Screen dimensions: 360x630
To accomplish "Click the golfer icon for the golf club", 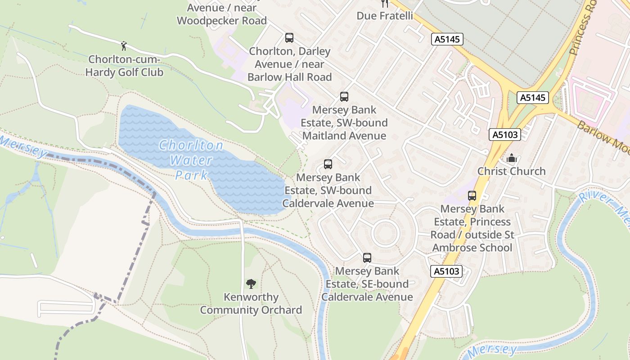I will (x=124, y=45).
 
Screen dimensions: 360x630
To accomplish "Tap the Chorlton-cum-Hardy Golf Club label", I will (x=126, y=66).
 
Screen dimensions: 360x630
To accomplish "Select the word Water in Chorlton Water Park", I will (x=192, y=160).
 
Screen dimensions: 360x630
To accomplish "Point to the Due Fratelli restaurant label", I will (x=384, y=16).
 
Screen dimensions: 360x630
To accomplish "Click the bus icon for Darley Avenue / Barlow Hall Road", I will (x=289, y=38).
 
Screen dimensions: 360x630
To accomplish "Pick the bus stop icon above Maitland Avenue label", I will (x=344, y=96).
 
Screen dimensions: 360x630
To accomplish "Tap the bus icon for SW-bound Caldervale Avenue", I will (x=328, y=164).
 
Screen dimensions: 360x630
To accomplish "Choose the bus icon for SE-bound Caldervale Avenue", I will (x=367, y=258).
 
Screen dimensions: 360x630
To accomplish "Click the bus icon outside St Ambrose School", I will (x=472, y=196).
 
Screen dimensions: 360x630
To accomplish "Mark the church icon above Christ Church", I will (x=511, y=158).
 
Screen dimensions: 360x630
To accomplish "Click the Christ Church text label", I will (x=511, y=171).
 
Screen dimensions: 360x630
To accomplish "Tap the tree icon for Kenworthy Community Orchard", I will (x=251, y=284).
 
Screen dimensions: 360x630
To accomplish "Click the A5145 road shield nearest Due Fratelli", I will (x=447, y=39).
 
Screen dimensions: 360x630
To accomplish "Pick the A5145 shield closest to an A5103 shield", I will (x=533, y=98).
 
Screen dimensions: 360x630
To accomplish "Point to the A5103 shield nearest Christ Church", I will (x=504, y=135).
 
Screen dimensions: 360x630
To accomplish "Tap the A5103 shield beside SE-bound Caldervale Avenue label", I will (x=447, y=271).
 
